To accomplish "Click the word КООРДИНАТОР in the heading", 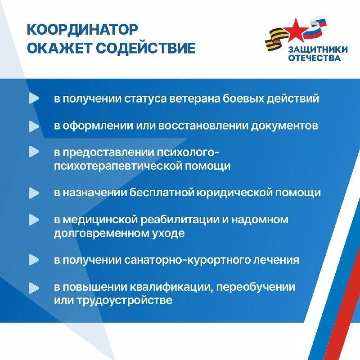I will point(81,30).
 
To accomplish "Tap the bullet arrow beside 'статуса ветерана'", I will point(34,99).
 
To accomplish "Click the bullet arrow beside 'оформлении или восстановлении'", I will point(34,126).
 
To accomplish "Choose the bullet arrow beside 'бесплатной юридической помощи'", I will point(34,193).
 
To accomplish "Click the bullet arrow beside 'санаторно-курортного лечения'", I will point(34,260).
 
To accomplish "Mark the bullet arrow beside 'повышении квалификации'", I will point(34,287).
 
